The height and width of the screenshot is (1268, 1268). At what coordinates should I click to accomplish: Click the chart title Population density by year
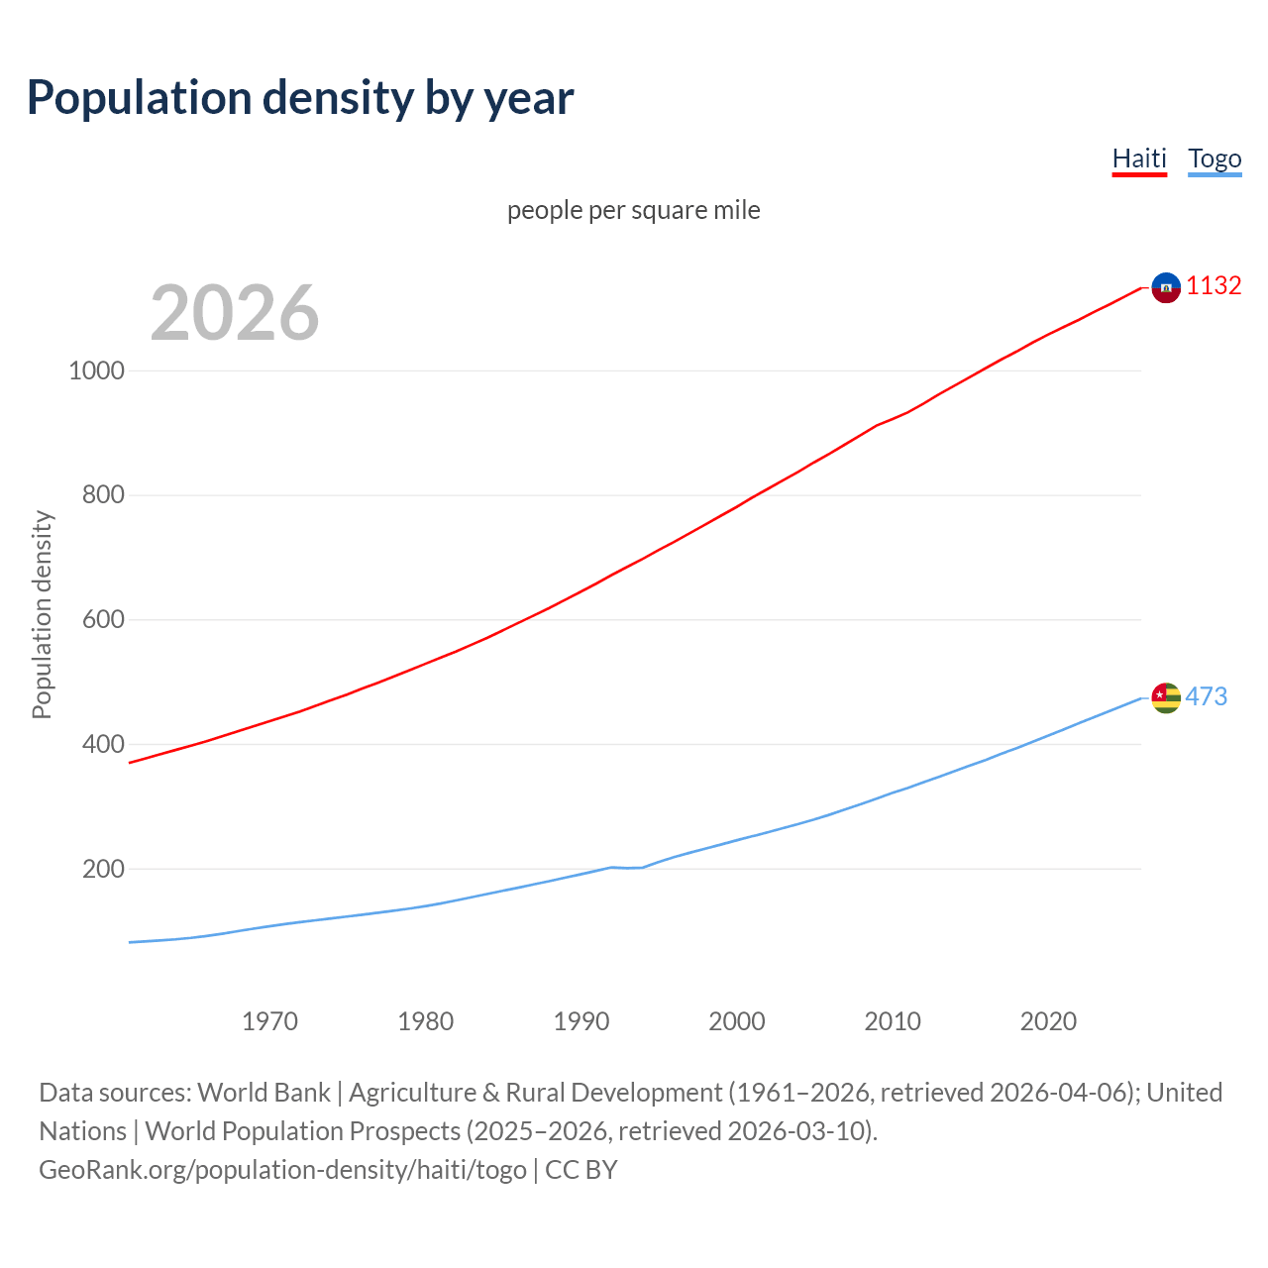click(300, 98)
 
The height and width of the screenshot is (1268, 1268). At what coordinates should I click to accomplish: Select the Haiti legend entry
click(1139, 158)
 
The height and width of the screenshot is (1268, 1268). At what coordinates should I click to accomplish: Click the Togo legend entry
click(1215, 158)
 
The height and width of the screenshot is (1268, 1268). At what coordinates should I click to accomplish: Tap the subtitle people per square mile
click(633, 210)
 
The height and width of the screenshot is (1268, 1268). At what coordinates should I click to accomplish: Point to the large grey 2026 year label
click(235, 313)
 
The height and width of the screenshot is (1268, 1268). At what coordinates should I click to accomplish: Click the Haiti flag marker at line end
click(1166, 287)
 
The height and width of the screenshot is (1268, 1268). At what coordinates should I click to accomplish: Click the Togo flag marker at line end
click(1166, 697)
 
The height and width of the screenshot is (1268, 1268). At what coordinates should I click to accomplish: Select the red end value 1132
click(1214, 286)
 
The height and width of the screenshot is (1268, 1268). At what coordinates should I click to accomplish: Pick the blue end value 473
click(1206, 696)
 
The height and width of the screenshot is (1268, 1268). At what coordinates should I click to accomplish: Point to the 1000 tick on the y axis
click(97, 370)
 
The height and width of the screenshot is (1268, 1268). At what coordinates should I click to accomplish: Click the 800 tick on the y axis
click(103, 494)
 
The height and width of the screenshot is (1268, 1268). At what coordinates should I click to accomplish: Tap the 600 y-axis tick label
click(103, 619)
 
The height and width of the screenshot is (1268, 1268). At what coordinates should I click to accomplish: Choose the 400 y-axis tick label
click(103, 744)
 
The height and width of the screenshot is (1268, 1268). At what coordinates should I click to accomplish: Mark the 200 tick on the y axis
click(103, 869)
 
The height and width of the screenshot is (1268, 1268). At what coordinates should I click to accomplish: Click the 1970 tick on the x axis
click(269, 1021)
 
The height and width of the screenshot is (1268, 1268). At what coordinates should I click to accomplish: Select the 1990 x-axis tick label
click(581, 1021)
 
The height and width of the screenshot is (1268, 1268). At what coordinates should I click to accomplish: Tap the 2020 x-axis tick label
click(1048, 1021)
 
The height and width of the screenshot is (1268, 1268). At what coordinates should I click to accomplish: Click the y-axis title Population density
click(42, 614)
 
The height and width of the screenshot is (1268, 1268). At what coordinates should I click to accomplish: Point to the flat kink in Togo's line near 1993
click(627, 868)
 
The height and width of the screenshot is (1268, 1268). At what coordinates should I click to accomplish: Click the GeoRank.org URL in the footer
click(282, 1170)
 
